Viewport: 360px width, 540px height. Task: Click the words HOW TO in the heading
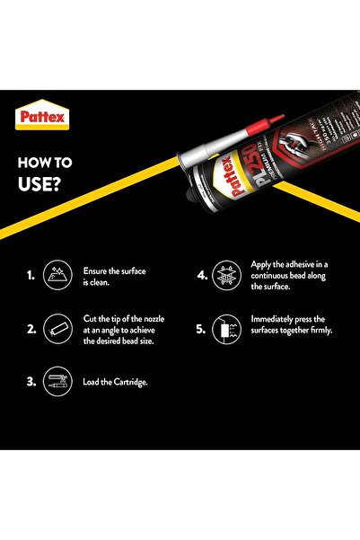point(47,164)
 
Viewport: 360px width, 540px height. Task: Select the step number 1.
point(31,276)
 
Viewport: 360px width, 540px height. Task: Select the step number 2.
point(31,330)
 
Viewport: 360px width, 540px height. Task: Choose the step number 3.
point(31,382)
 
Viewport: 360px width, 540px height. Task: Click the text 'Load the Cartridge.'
point(115,382)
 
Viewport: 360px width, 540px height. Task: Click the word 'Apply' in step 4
point(262,265)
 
